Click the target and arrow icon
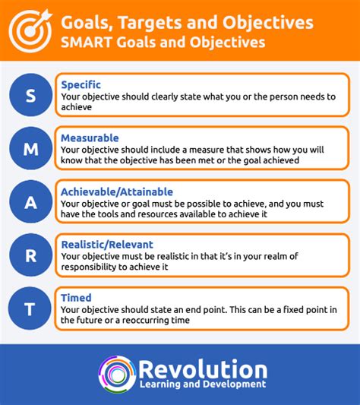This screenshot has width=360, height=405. coord(30,30)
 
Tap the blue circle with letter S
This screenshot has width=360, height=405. coord(30,95)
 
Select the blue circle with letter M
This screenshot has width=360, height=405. coord(30,148)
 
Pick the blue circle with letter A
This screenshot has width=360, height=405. coord(30,201)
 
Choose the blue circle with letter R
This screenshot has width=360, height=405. coord(30,255)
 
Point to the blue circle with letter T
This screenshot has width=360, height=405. coord(30,308)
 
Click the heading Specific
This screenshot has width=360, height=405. coord(81,85)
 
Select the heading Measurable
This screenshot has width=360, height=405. coord(90,138)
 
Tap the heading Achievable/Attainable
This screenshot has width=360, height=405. coord(117,192)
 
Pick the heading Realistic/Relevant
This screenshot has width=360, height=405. coord(107,245)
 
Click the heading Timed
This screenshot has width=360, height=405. coord(76,298)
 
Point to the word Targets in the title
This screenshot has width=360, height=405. coord(150,23)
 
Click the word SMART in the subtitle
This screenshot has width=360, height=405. coord(87,42)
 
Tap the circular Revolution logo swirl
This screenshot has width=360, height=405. coord(118,374)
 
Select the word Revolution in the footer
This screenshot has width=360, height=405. coord(203,369)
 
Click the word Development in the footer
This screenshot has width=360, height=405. coord(234,384)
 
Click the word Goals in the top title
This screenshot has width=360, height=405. coord(87,23)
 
